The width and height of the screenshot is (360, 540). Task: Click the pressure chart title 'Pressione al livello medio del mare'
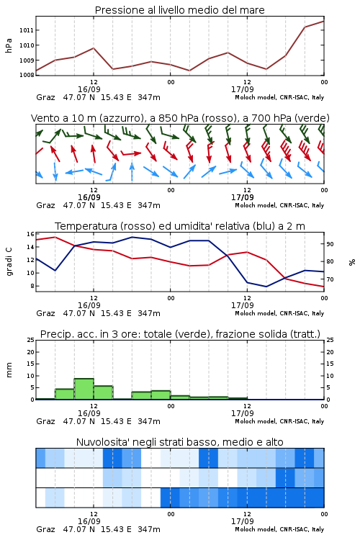[x=179, y=10]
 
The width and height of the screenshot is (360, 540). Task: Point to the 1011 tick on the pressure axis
[x=27, y=30]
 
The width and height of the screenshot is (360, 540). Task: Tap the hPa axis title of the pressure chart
[x=9, y=45]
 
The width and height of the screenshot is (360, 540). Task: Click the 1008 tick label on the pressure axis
[x=27, y=75]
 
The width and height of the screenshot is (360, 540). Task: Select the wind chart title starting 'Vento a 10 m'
[x=180, y=118]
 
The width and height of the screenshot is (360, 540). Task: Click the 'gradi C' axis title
[x=9, y=261]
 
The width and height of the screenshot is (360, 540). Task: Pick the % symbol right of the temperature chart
[x=352, y=262]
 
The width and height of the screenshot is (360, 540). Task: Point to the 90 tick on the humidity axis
[x=330, y=244]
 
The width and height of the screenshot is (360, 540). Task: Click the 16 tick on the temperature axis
[x=30, y=234]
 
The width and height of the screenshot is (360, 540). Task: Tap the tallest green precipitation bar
[x=84, y=389]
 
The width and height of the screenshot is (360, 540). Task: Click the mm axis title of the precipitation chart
[x=9, y=370]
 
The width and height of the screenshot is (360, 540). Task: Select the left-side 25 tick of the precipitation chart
[x=30, y=341]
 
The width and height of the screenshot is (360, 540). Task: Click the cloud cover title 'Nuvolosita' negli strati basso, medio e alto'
[x=179, y=442]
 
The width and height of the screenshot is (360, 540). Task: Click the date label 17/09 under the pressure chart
[x=243, y=89]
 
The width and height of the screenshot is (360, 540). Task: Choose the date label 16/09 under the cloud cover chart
[x=89, y=521]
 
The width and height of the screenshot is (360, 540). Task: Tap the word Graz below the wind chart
[x=45, y=206]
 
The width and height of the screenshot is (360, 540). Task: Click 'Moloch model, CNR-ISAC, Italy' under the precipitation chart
[x=279, y=421]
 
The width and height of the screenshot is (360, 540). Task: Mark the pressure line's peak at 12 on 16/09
[x=94, y=48]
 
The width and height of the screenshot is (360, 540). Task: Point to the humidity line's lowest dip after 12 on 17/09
[x=266, y=287]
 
